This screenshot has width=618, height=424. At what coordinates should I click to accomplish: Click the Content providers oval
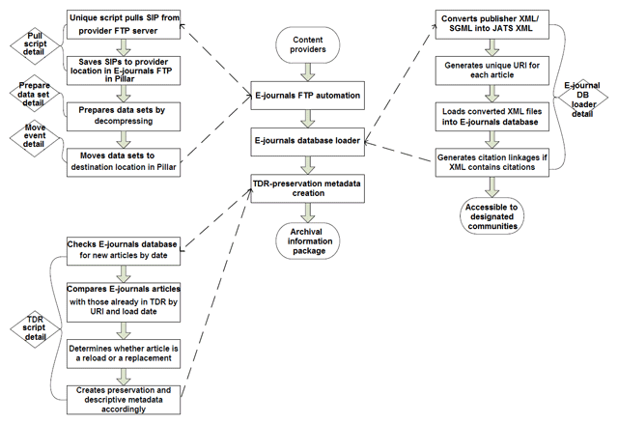tap(306, 43)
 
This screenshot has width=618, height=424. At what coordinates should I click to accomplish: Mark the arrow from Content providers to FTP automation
tap(306, 70)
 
